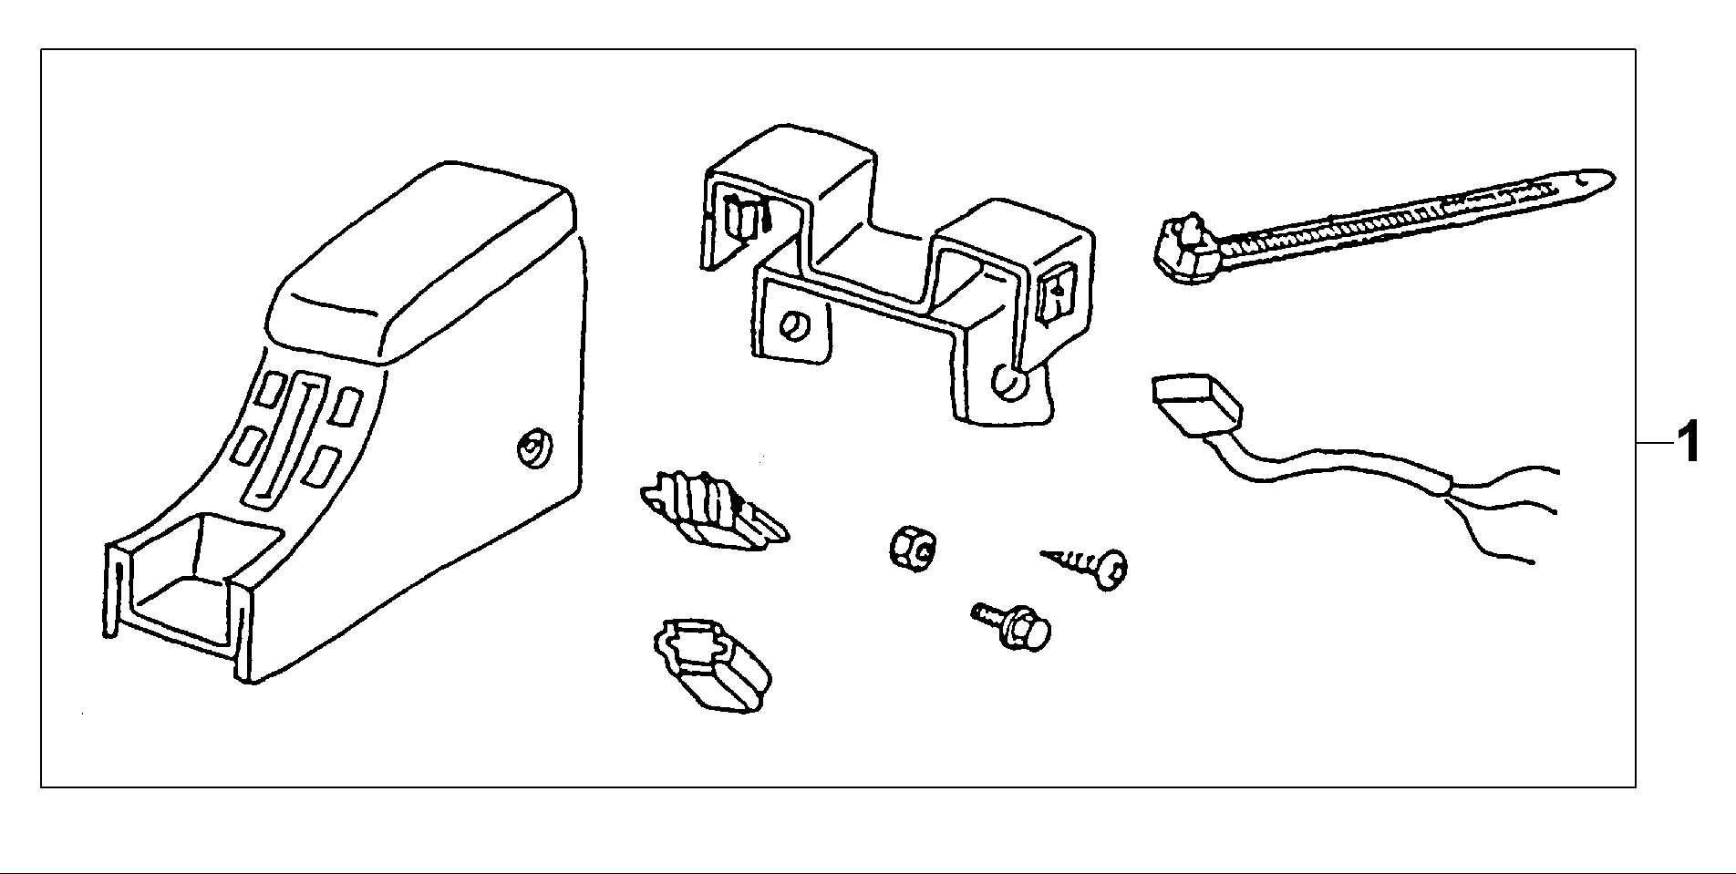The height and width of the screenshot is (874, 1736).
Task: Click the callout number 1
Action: (x=1689, y=443)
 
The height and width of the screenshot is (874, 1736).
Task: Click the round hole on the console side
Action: (x=531, y=447)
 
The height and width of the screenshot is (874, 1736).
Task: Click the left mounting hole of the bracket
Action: (x=794, y=326)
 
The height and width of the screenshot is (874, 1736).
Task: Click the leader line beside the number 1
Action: (x=1652, y=443)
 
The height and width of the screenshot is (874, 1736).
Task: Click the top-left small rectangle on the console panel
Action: (x=272, y=391)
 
